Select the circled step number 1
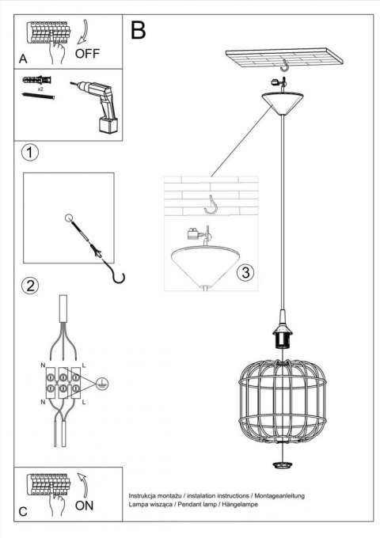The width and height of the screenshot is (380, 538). (28, 153)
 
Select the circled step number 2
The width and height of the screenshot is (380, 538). (28, 286)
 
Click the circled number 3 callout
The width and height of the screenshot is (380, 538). (245, 273)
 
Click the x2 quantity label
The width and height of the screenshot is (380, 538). (39, 90)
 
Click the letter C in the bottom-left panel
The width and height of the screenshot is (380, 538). (22, 511)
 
